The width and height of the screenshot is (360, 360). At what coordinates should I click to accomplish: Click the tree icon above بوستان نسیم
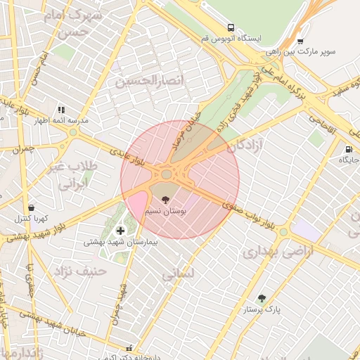pos(165,200)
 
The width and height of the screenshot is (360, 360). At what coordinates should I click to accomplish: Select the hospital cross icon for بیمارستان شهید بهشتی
pos(120,231)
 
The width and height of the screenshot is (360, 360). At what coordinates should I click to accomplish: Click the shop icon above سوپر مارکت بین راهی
pos(300,41)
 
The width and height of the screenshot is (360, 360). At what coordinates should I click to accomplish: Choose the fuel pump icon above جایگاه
pos(349,149)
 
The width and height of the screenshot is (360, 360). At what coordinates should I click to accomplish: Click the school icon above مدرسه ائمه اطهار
pos(61,110)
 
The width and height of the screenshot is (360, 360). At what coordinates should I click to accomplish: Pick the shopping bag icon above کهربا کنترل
pos(31,207)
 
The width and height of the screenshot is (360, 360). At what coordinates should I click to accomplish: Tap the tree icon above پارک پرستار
pos(262,298)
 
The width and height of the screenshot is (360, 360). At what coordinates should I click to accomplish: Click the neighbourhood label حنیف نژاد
pos(82,269)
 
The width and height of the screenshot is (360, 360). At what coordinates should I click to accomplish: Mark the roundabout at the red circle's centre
pos(167,174)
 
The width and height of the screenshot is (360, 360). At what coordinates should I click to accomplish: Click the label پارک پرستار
pos(262,309)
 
